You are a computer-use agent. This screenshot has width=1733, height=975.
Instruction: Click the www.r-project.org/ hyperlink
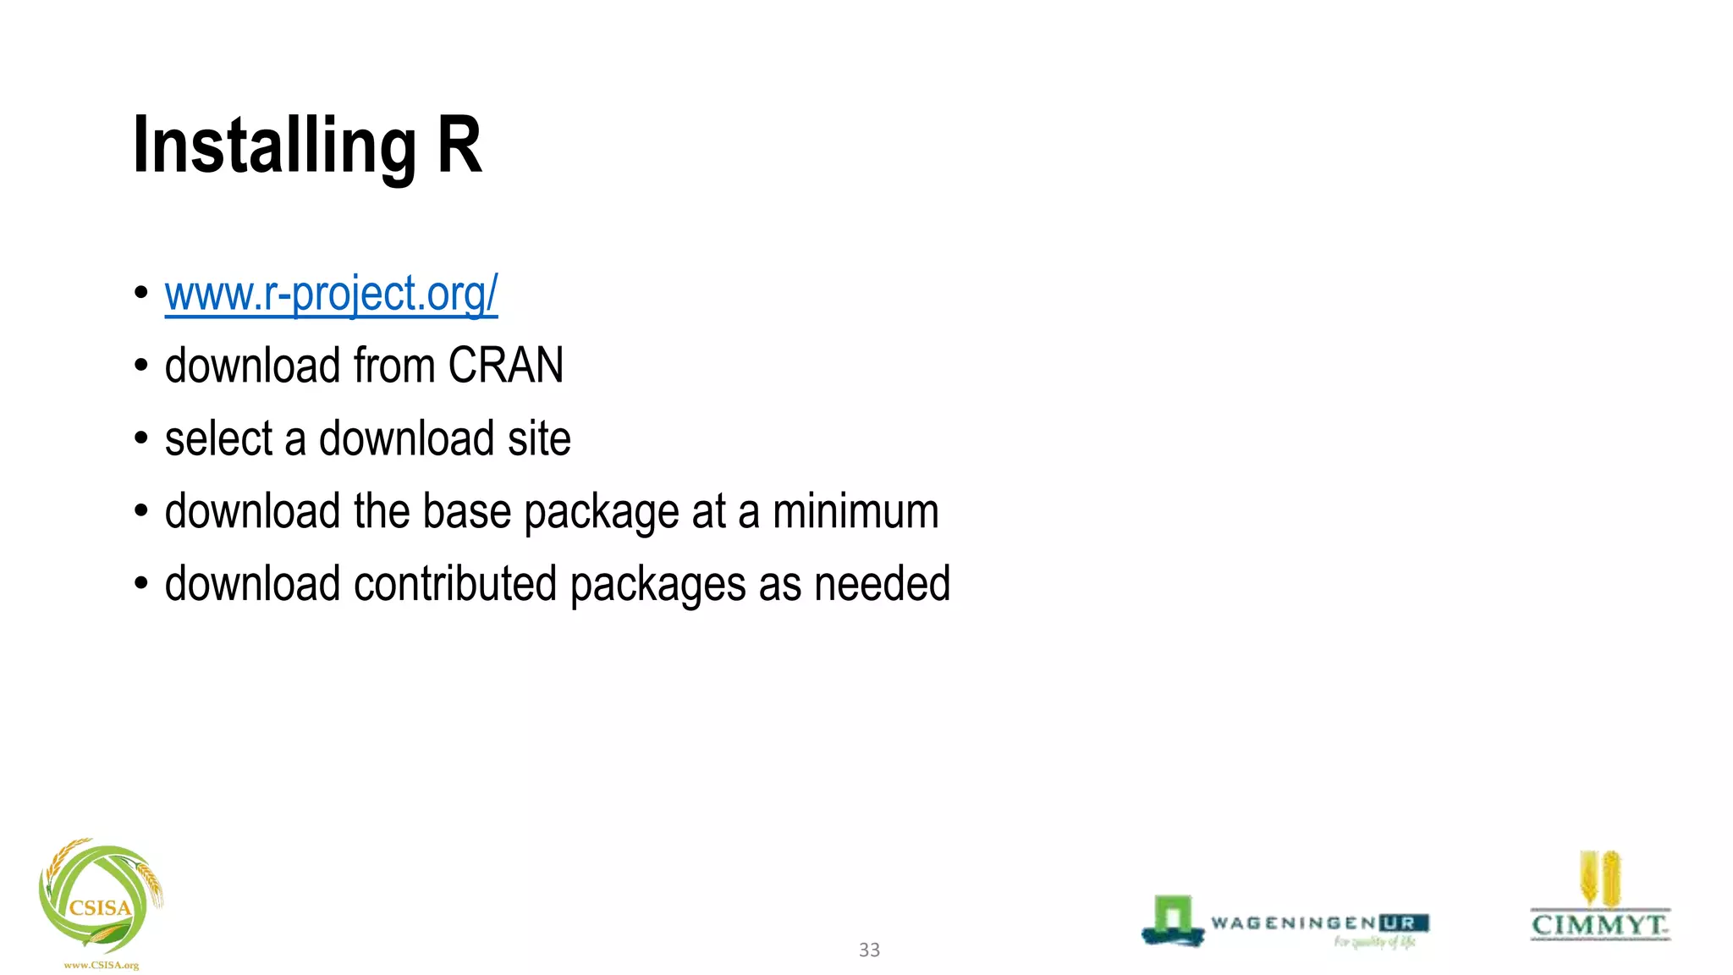click(331, 294)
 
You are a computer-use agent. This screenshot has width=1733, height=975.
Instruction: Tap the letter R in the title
click(459, 146)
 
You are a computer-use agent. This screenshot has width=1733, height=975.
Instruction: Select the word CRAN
click(505, 366)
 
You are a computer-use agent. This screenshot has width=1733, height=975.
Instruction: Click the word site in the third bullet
click(539, 438)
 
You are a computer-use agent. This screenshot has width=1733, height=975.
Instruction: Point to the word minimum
click(855, 511)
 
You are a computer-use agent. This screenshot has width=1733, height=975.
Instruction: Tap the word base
click(466, 511)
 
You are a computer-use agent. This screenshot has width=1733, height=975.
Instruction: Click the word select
click(218, 438)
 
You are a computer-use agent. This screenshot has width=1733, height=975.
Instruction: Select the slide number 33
click(869, 950)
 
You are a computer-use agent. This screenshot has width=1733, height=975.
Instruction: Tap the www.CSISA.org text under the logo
click(101, 965)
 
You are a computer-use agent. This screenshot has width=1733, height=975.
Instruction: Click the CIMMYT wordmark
click(1599, 924)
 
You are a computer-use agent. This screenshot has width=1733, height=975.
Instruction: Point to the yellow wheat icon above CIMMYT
click(1599, 879)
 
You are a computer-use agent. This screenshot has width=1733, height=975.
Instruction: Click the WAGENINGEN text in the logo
click(1293, 923)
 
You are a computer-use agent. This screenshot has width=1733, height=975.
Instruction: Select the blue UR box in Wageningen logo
click(1403, 923)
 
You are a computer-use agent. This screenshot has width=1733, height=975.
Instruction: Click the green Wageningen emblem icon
click(1173, 920)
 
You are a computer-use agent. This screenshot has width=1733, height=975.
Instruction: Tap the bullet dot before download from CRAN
click(141, 366)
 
